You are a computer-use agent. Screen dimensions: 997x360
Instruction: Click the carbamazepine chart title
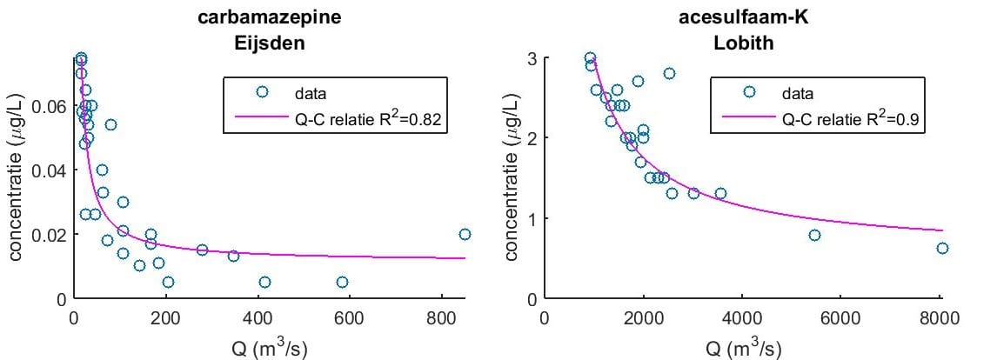coord(269,17)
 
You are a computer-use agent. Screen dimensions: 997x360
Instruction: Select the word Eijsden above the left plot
coord(269,44)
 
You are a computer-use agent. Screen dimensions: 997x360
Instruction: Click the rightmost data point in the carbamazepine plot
coord(465,234)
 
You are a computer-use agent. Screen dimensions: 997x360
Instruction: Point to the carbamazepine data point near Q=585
coord(342,282)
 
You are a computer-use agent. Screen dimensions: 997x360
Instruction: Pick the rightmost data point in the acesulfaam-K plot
coord(942,248)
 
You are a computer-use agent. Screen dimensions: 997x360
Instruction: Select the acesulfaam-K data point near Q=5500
coord(814,236)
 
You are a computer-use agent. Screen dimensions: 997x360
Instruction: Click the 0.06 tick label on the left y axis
coord(46,105)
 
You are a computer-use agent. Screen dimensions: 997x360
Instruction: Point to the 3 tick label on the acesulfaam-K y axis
coord(532,58)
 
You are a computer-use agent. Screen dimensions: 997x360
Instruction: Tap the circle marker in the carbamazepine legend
coord(262,92)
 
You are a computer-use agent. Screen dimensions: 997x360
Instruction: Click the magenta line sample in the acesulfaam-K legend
coord(749,117)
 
